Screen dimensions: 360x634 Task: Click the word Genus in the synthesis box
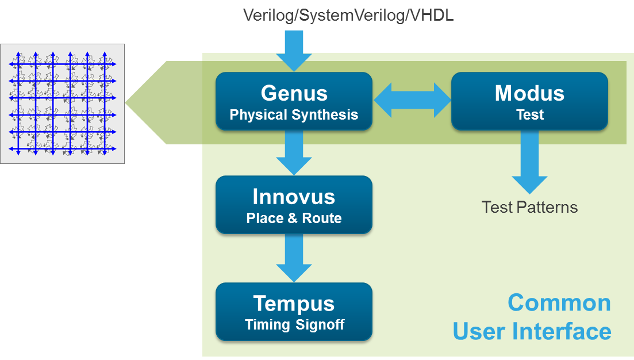[294, 93]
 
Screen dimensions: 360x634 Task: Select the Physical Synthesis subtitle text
[294, 115]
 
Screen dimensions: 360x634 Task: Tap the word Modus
[529, 93]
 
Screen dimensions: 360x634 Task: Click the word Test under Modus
[529, 115]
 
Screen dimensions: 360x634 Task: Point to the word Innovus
[294, 197]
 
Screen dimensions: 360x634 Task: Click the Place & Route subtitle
[294, 219]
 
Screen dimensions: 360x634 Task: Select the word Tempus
[294, 303]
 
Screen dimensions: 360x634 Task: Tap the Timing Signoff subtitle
[294, 325]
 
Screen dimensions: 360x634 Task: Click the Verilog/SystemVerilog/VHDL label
[349, 16]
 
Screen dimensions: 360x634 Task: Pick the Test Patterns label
[529, 207]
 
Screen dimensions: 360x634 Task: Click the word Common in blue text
[559, 302]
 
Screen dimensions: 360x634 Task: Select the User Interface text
[532, 331]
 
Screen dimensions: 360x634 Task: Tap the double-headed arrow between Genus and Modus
[412, 100]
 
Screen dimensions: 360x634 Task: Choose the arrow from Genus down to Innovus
[294, 152]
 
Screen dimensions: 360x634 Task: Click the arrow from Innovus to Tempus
[294, 259]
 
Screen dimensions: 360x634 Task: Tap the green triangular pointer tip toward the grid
[138, 102]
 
